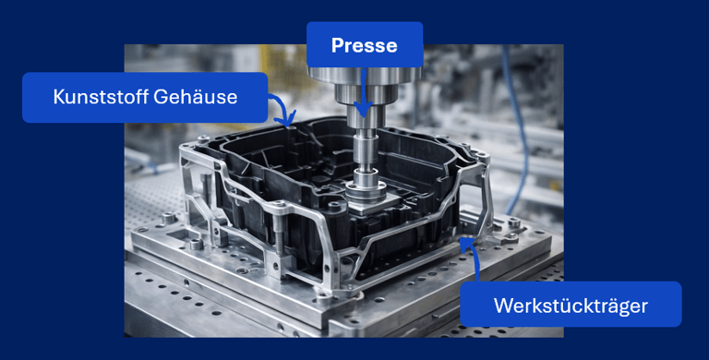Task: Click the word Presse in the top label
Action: pyautogui.click(x=365, y=45)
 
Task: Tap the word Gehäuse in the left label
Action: pyautogui.click(x=196, y=97)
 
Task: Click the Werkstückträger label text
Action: pyautogui.click(x=571, y=306)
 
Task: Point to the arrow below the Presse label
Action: pyautogui.click(x=363, y=92)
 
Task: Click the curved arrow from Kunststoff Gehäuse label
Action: pyautogui.click(x=283, y=109)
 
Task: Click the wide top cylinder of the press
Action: pyautogui.click(x=365, y=74)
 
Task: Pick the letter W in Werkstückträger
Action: pyautogui.click(x=503, y=306)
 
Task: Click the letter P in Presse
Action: pyautogui.click(x=337, y=45)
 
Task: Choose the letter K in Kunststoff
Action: pyautogui.click(x=59, y=97)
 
